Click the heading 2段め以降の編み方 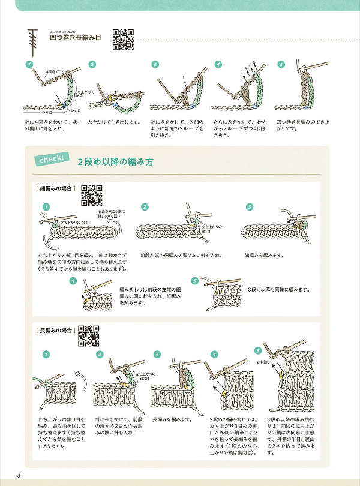115,162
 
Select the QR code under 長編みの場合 88,336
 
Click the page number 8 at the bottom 20,476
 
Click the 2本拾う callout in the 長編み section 263,362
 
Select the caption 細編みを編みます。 264,255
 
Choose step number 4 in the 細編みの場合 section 73,280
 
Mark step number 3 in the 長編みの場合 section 157,354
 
